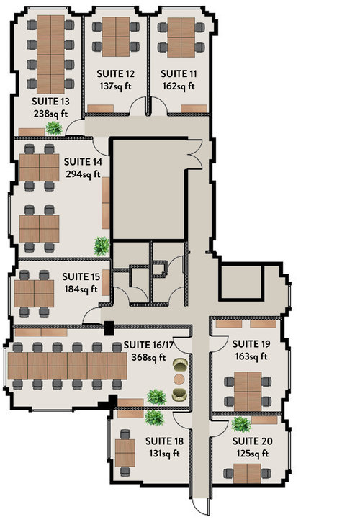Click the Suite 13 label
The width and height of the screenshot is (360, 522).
point(50,102)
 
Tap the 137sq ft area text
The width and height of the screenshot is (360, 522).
point(115,86)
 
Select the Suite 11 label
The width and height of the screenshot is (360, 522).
point(179,73)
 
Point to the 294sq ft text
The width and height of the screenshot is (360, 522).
point(83,174)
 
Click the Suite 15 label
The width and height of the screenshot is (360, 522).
point(81,276)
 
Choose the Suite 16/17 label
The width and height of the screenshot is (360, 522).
point(148,345)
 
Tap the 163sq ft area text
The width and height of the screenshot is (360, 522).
point(251,356)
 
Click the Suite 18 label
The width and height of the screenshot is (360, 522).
point(164,441)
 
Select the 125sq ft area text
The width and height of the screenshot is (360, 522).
point(253,454)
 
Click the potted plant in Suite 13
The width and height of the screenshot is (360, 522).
point(54,128)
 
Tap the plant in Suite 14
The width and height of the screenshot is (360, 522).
point(102,246)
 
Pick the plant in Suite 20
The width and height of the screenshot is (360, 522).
point(241,425)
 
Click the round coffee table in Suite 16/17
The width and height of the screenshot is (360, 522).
point(179,379)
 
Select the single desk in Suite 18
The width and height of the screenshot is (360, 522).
point(125,453)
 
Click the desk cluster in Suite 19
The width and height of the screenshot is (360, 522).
point(248,392)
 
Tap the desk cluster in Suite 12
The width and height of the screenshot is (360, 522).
point(116,37)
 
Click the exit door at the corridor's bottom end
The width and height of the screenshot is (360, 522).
point(202,506)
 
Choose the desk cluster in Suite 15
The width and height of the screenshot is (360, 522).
point(34,294)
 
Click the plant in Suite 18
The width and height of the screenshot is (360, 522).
point(154,418)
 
